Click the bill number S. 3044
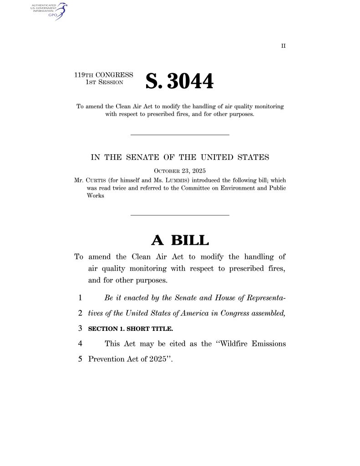click(179, 81)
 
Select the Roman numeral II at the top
click(283, 46)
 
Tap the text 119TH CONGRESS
click(104, 75)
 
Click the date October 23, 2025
click(180, 171)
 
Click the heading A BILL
click(180, 240)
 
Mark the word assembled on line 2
click(264, 314)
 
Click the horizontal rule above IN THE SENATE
click(180, 134)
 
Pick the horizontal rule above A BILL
click(180, 215)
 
